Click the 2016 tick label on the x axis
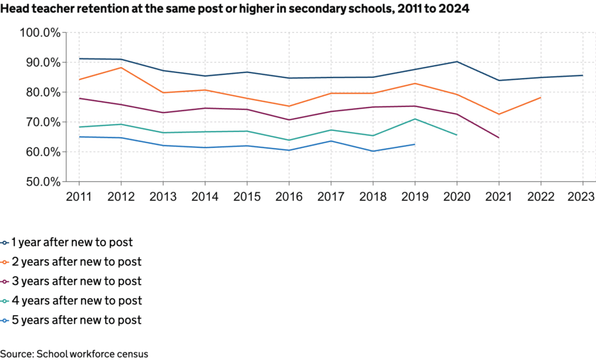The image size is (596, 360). pyautogui.click(x=289, y=197)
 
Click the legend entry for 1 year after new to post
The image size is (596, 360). pyautogui.click(x=72, y=243)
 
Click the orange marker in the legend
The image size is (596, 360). pyautogui.click(x=6, y=262)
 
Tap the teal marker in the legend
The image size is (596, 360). pyautogui.click(x=6, y=301)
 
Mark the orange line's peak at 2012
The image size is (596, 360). pyautogui.click(x=121, y=68)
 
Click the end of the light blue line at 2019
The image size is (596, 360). pyautogui.click(x=415, y=144)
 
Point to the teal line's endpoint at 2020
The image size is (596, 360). pyautogui.click(x=457, y=135)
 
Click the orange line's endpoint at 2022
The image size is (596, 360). pyautogui.click(x=541, y=97)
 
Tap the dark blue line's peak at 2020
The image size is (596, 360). pyautogui.click(x=457, y=61)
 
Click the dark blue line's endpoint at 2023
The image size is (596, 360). pyautogui.click(x=582, y=76)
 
